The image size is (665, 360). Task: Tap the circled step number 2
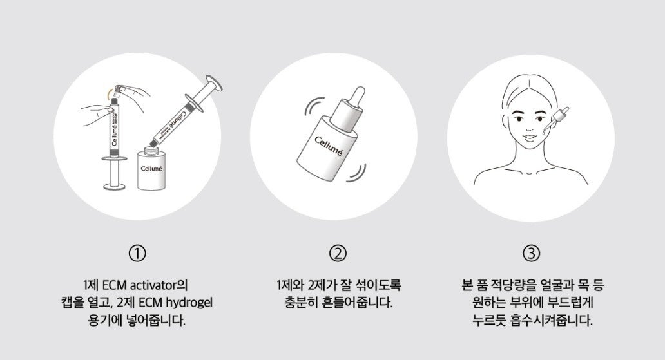(x=336, y=253)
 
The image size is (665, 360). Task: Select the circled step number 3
(x=531, y=253)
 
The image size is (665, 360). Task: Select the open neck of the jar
(x=153, y=150)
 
